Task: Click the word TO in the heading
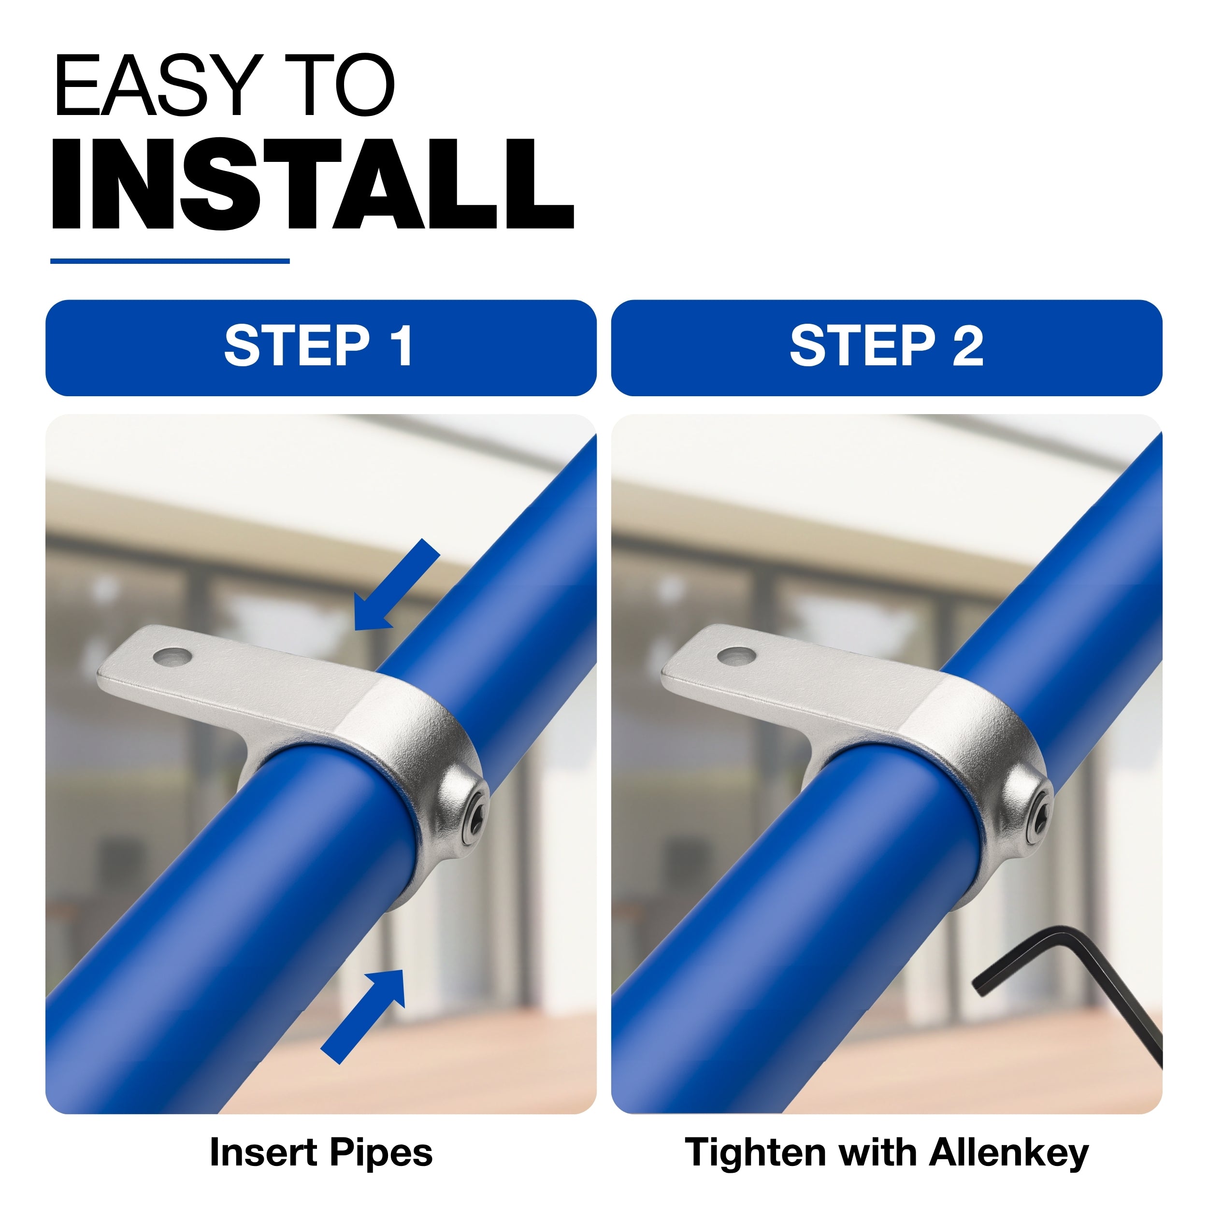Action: [340, 85]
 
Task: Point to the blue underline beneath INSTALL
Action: [170, 261]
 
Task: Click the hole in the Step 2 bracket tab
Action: [736, 656]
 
